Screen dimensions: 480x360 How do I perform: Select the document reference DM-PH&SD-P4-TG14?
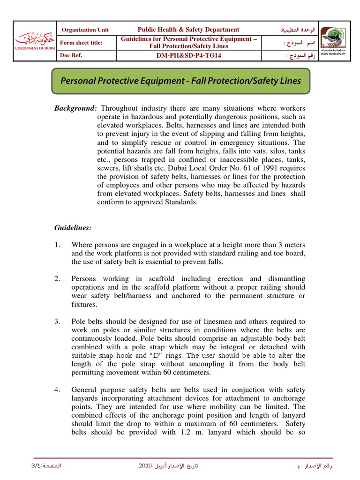coord(188,55)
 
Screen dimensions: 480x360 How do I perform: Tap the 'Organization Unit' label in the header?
coord(85,30)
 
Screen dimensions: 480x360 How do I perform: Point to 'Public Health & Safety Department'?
coord(188,30)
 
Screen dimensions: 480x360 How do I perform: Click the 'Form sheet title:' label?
coord(82,43)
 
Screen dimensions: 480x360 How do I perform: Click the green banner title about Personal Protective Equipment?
coord(181,80)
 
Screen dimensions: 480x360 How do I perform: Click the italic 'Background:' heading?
coord(75,108)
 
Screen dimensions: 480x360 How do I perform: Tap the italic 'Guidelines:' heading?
coord(73,227)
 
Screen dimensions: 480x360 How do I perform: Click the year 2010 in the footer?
coord(146,466)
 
